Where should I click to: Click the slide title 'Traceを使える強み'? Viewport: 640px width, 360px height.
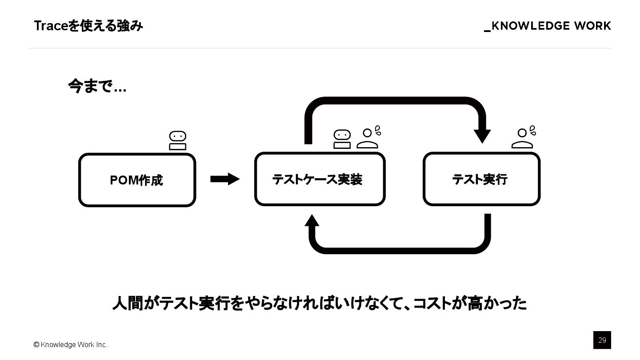pyautogui.click(x=88, y=26)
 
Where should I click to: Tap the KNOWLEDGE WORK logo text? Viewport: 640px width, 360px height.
pyautogui.click(x=548, y=26)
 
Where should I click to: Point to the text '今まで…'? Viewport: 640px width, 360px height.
pyautogui.click(x=97, y=86)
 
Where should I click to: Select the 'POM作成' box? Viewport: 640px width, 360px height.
pyautogui.click(x=137, y=180)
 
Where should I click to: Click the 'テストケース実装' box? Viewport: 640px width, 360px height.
pyautogui.click(x=320, y=179)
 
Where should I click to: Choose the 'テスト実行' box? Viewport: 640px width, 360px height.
pyautogui.click(x=481, y=179)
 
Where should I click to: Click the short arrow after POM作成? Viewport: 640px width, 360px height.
pyautogui.click(x=225, y=179)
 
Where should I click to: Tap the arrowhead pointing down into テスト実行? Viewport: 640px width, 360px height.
pyautogui.click(x=482, y=136)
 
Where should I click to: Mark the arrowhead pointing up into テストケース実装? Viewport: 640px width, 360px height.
pyautogui.click(x=312, y=220)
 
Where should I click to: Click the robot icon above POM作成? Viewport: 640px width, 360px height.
pyautogui.click(x=177, y=140)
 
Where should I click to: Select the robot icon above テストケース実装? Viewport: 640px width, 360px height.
pyautogui.click(x=342, y=139)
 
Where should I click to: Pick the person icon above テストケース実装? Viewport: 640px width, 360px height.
pyautogui.click(x=368, y=138)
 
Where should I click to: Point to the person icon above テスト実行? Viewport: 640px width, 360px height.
pyautogui.click(x=523, y=138)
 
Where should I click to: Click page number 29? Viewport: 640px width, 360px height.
pyautogui.click(x=602, y=340)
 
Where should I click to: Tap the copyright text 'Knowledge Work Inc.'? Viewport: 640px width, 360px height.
pyautogui.click(x=74, y=345)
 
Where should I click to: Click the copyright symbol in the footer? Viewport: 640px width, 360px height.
pyautogui.click(x=36, y=345)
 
